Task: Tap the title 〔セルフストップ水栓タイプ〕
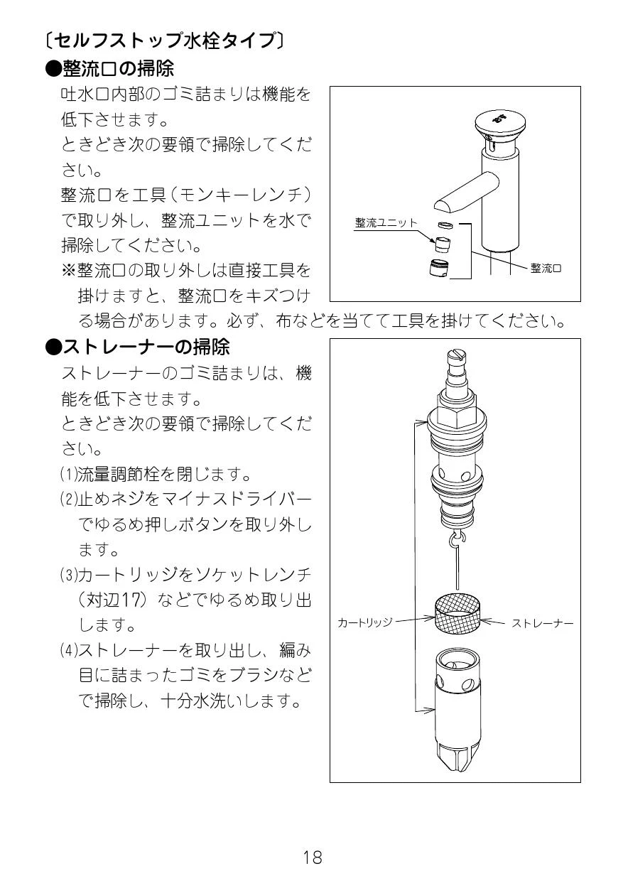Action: (x=165, y=40)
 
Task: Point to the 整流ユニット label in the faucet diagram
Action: (x=386, y=223)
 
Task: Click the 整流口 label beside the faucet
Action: (x=546, y=269)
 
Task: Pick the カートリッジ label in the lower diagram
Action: (x=365, y=622)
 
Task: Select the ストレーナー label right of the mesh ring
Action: (x=542, y=623)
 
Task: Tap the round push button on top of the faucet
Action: (x=500, y=123)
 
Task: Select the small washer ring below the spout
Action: (x=445, y=225)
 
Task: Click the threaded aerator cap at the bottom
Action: (x=440, y=269)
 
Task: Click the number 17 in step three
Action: (x=130, y=600)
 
